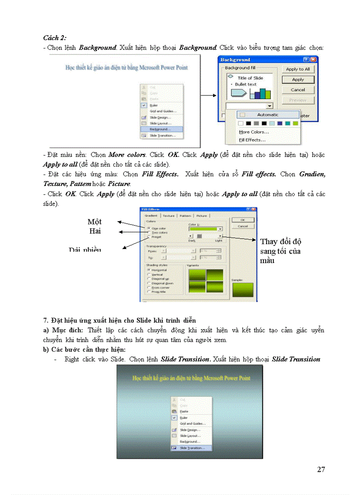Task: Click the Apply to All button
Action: click(x=298, y=69)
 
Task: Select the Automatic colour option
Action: click(x=268, y=115)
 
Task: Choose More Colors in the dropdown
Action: click(x=254, y=132)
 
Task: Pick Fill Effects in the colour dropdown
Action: click(x=252, y=140)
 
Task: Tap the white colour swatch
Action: click(x=241, y=123)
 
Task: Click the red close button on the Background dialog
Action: click(x=313, y=60)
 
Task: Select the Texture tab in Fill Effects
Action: click(x=169, y=216)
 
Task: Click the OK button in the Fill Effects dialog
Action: click(x=243, y=220)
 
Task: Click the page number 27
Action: click(x=321, y=469)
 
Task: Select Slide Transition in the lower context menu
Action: click(x=191, y=447)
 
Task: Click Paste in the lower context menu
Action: click(x=184, y=411)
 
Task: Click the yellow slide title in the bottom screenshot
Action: click(x=191, y=378)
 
